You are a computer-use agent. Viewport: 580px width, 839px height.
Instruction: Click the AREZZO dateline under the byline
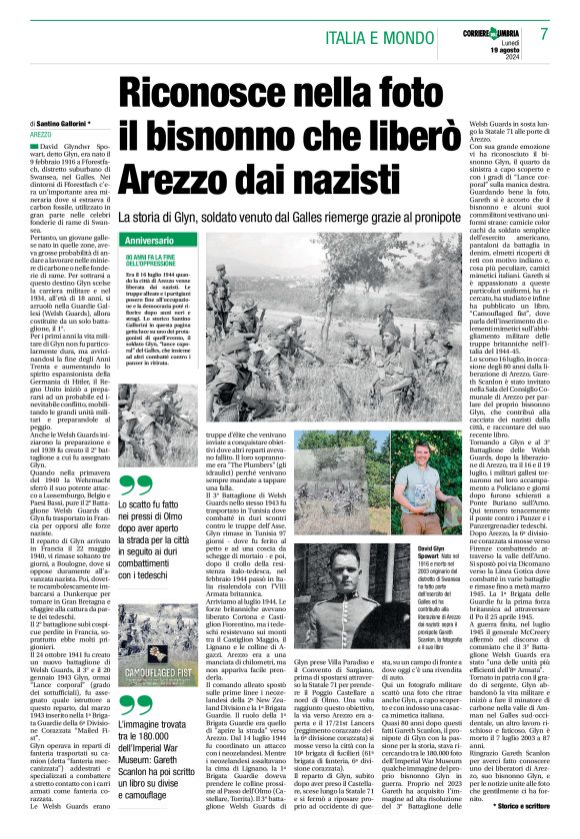(41, 133)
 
